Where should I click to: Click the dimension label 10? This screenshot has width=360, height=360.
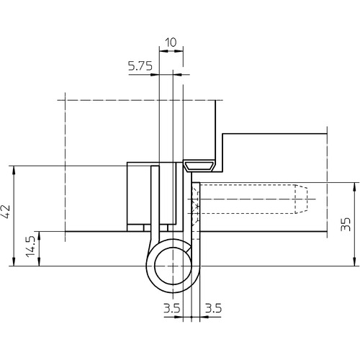click(171, 42)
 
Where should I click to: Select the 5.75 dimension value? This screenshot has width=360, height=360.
click(140, 66)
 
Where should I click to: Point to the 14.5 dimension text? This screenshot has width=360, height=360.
click(30, 246)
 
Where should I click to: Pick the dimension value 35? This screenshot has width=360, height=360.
click(346, 225)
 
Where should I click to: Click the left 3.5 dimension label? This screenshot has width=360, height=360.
click(171, 308)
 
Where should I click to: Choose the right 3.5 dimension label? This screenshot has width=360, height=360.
click(213, 308)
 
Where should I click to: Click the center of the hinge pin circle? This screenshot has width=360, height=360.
click(173, 266)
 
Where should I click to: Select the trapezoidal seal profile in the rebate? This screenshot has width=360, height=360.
click(199, 166)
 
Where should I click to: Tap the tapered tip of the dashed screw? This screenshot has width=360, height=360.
click(301, 199)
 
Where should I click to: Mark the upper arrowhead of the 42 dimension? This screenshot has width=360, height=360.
click(14, 170)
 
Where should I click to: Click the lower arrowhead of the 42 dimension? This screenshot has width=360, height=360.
click(14, 262)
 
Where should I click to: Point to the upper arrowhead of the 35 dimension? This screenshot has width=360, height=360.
click(355, 186)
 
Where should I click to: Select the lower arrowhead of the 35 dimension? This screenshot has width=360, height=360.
click(355, 262)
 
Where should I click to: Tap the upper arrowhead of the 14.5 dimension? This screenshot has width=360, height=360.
click(40, 235)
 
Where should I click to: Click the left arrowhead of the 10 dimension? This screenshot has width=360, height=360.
click(163, 51)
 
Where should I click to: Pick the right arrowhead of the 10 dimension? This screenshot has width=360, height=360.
click(179, 51)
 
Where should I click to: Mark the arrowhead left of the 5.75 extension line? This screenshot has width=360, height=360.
click(155, 75)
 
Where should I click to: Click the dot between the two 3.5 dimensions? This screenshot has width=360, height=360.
click(192, 317)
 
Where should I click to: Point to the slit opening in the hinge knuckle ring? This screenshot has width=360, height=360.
click(189, 249)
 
